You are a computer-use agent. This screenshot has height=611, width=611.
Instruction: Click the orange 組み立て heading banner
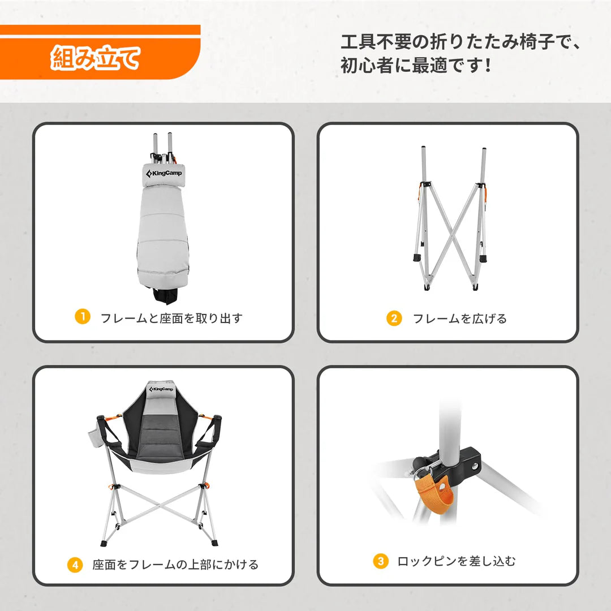pyautogui.click(x=96, y=58)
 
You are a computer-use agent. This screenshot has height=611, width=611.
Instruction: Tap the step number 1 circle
pyautogui.click(x=83, y=317)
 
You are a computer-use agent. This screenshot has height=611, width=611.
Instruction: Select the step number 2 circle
pyautogui.click(x=394, y=319)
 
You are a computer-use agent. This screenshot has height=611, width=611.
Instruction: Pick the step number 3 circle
pyautogui.click(x=381, y=561)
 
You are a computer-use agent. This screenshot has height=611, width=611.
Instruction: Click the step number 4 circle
pyautogui.click(x=75, y=565)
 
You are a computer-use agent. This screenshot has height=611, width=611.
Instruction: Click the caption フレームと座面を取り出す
pyautogui.click(x=171, y=318)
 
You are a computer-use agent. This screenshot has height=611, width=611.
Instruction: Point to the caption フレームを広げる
pyautogui.click(x=459, y=319)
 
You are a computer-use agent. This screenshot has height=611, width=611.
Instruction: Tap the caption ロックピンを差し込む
pyautogui.click(x=456, y=561)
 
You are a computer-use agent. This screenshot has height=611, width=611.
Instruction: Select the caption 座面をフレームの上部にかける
pyautogui.click(x=175, y=565)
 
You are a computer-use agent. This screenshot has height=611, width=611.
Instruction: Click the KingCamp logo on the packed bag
pyautogui.click(x=163, y=173)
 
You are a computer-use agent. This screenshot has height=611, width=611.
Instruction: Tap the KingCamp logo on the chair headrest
pyautogui.click(x=162, y=389)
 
